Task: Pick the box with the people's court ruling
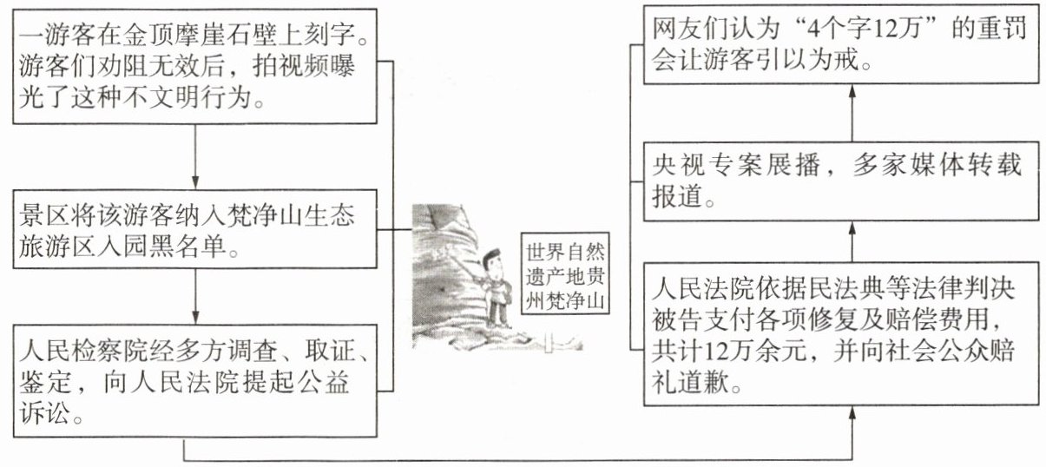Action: tap(840, 333)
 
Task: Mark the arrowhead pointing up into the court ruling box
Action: tap(852, 415)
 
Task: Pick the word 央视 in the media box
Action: tap(670, 166)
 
